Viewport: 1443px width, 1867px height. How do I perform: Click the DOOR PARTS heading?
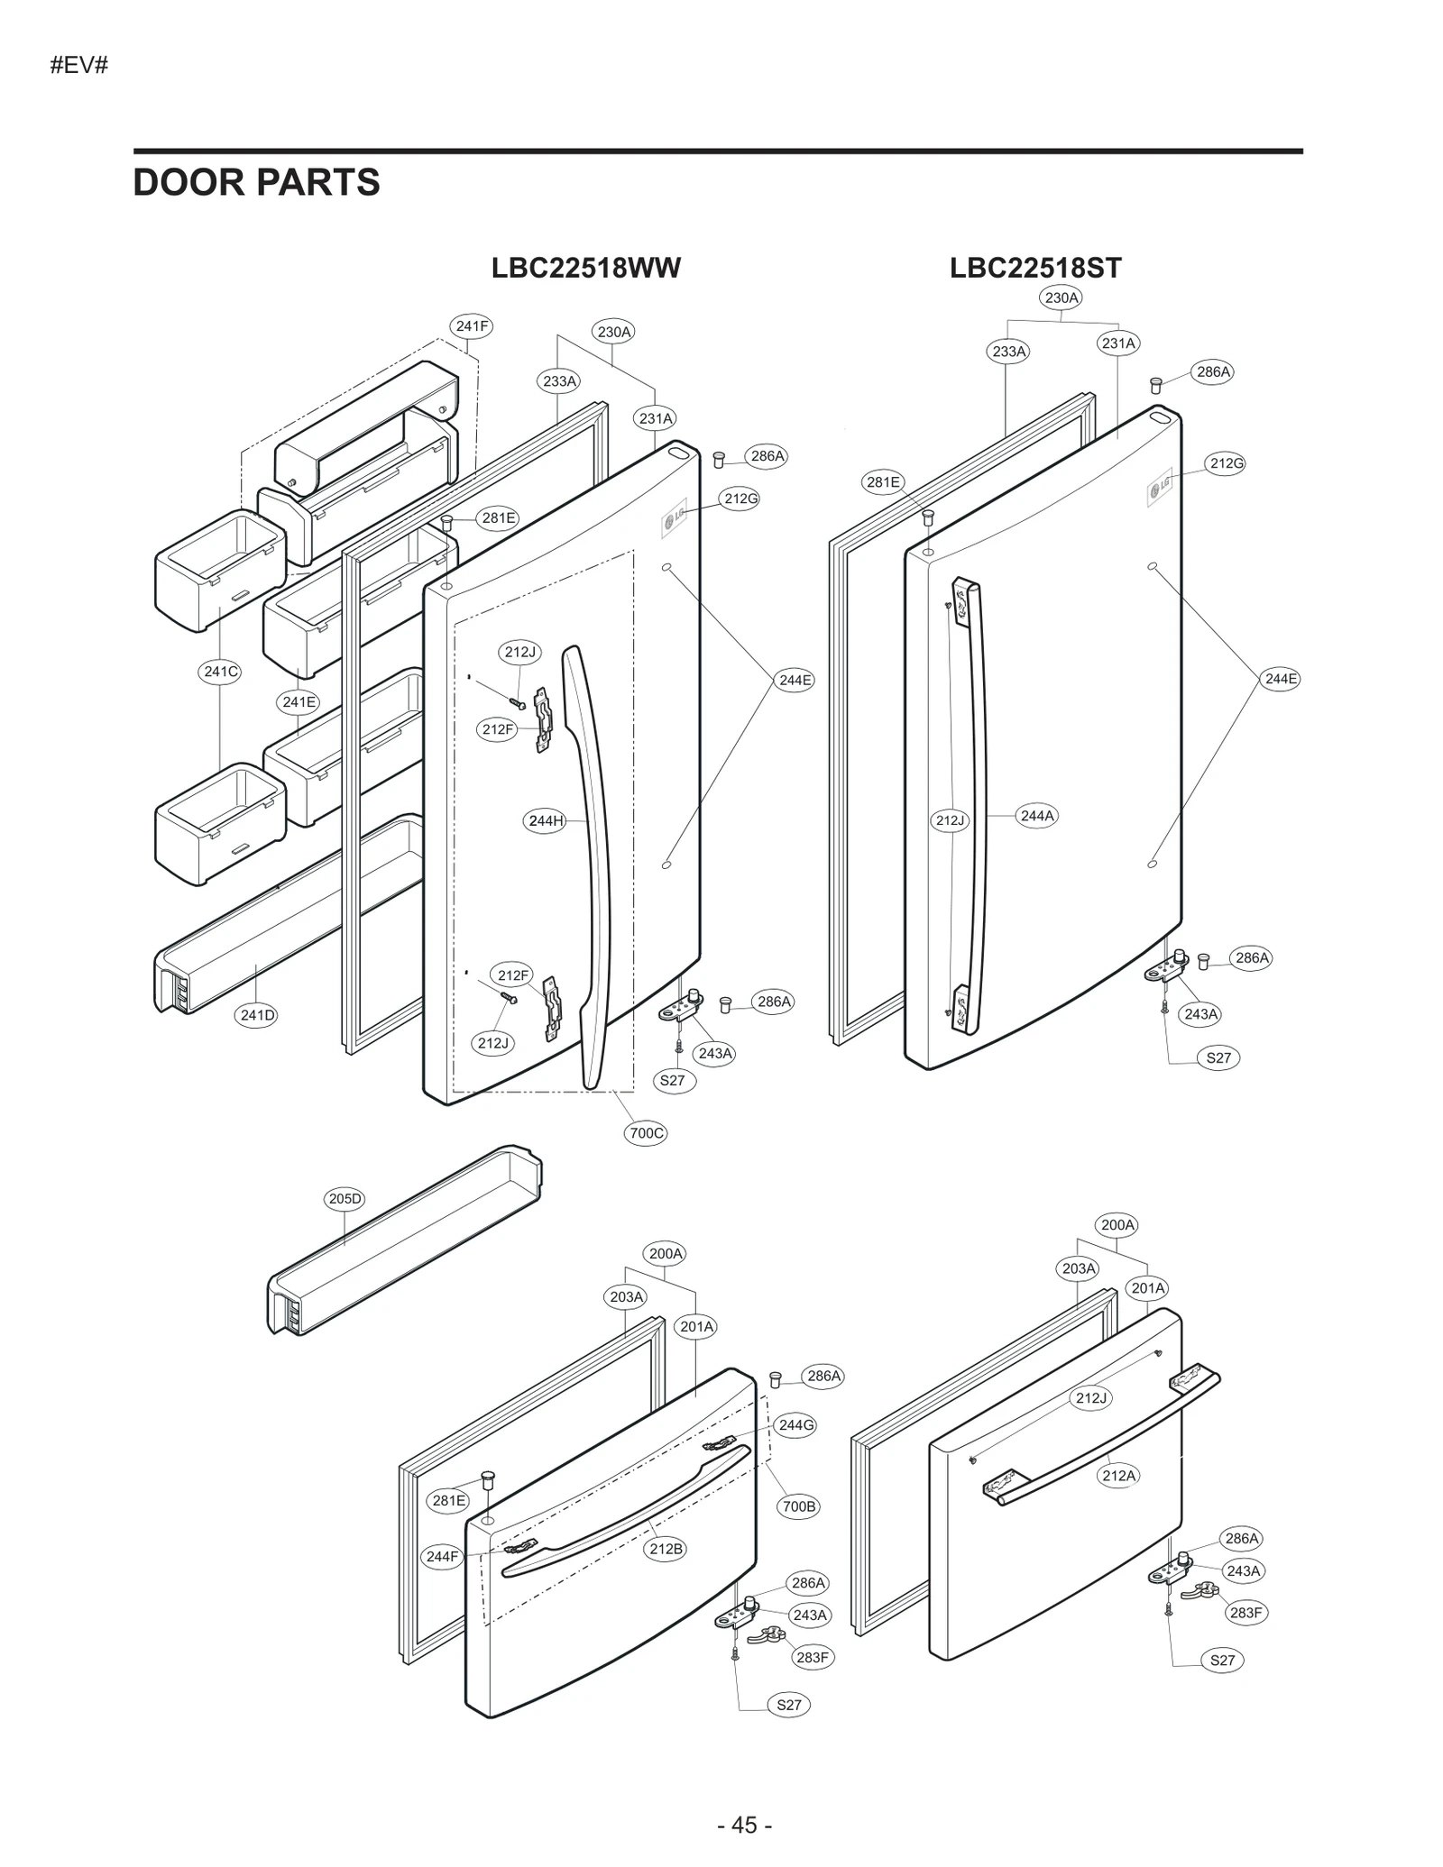tap(256, 182)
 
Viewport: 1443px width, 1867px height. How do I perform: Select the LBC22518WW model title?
tap(585, 268)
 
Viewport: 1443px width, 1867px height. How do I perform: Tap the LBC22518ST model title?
tap(1034, 268)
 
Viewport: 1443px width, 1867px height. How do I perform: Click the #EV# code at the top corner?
tap(79, 65)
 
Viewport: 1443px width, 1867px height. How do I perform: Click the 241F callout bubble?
tap(472, 326)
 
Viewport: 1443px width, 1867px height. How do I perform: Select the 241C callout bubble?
tap(220, 671)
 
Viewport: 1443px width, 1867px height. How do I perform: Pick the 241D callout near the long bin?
tap(257, 1015)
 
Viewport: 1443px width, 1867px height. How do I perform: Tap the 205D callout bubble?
tap(345, 1198)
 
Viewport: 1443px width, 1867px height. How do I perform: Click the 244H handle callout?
tap(546, 820)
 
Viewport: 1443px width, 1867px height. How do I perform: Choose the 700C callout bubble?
tap(646, 1133)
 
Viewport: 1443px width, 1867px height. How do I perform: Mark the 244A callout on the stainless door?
tap(1036, 816)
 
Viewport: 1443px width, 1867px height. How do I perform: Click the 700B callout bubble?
tap(798, 1505)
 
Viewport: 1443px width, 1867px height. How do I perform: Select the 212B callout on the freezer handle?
tap(666, 1549)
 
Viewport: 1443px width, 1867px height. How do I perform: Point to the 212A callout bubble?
tap(1118, 1476)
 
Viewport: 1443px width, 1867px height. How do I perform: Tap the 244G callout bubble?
tap(795, 1425)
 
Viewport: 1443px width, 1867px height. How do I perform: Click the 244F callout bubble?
tap(443, 1556)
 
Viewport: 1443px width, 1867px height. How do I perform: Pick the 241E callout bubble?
tap(299, 701)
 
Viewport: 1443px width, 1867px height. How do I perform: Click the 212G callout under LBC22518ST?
tap(1227, 463)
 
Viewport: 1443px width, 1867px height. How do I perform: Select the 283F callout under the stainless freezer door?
tap(1245, 1613)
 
